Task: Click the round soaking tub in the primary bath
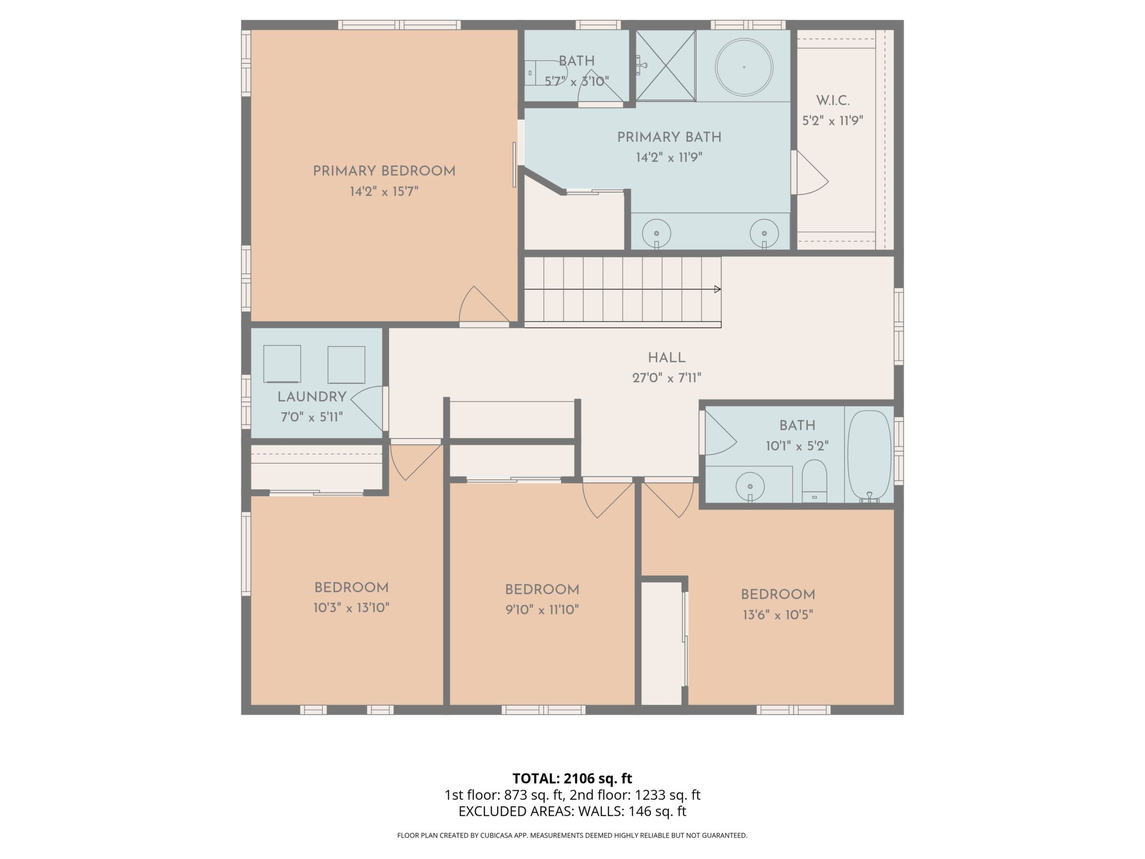(744, 67)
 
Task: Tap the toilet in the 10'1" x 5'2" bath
(814, 481)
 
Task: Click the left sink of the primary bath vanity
(656, 234)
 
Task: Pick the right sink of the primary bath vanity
(764, 234)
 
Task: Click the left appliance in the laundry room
(282, 364)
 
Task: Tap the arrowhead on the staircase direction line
(717, 289)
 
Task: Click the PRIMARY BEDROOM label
(384, 171)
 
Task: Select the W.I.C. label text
(833, 100)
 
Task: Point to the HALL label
(667, 358)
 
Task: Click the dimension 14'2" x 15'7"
(384, 192)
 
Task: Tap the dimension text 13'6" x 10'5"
(778, 615)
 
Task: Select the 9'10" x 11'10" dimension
(542, 610)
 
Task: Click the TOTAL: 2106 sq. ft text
(572, 778)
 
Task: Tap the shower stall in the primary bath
(665, 65)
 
